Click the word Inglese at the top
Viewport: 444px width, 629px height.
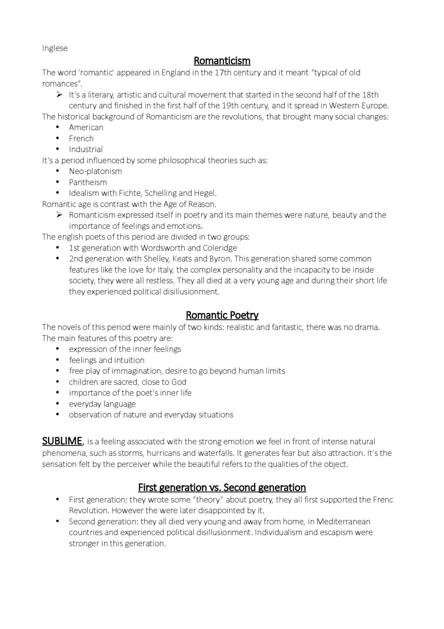(55, 48)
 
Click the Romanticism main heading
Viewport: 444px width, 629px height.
(222, 61)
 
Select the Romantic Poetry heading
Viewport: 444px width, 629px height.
(222, 315)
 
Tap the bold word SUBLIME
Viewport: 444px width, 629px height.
(62, 441)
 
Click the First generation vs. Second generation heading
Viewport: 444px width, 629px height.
(222, 488)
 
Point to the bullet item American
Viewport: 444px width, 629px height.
(86, 127)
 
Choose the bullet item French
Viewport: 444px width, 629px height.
(81, 139)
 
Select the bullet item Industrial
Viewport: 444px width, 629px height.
(86, 149)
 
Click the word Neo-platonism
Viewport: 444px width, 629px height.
(95, 171)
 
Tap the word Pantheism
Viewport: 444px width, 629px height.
(88, 182)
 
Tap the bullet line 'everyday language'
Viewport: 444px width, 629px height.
(102, 404)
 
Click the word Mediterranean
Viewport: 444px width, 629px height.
(343, 522)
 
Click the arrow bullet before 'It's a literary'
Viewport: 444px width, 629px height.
(59, 95)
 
